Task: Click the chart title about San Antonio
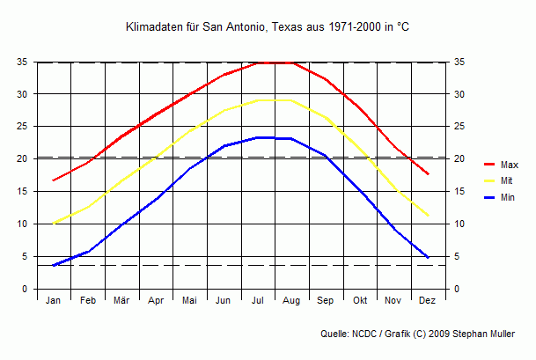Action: point(268,28)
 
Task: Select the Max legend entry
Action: point(509,165)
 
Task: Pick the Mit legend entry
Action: point(506,180)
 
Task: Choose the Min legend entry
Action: point(507,197)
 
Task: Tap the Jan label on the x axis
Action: point(54,301)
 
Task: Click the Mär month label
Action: point(121,301)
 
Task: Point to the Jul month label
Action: point(258,301)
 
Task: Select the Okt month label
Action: point(360,301)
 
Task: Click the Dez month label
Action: point(428,301)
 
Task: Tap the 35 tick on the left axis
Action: point(23,62)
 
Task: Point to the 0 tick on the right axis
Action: point(456,289)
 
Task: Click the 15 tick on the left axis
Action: point(23,191)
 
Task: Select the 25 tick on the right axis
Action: point(459,127)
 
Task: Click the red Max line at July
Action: point(258,62)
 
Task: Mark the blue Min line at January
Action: point(54,265)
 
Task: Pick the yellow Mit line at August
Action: point(292,100)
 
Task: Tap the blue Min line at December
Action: point(428,257)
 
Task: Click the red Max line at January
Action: point(54,180)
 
